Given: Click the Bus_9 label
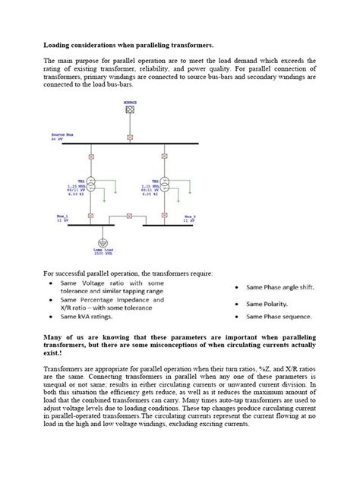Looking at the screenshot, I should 190,216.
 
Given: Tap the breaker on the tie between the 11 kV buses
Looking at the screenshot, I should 129,217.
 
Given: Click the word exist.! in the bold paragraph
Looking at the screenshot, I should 54,353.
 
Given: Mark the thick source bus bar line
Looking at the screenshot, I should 114,144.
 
